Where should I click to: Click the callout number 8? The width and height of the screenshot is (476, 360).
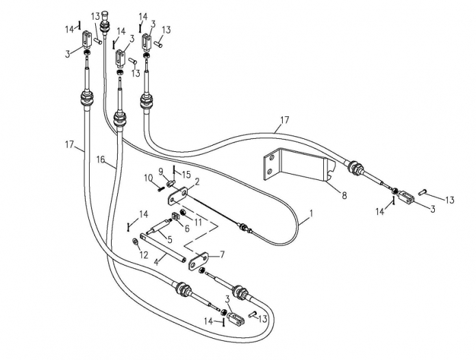344,196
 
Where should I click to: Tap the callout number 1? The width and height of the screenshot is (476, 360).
310,214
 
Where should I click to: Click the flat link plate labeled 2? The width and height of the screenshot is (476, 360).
178,196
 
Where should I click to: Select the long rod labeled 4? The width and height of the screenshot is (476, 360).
163,246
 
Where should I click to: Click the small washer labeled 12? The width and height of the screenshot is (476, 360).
134,242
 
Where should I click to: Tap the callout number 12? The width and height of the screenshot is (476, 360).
144,255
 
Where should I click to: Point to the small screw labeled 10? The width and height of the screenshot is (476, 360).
160,188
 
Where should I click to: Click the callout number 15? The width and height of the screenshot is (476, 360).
186,175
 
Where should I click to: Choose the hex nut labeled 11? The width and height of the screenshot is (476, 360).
183,213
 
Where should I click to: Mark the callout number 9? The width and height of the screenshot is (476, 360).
161,172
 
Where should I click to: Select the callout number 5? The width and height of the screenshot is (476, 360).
169,240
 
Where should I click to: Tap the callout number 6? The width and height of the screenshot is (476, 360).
187,229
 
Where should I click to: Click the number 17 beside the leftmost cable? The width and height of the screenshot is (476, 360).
70,144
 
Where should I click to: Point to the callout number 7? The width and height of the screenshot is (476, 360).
222,255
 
